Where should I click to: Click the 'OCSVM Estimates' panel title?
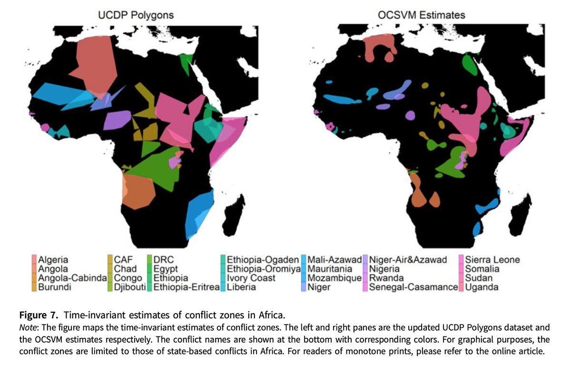click(x=421, y=15)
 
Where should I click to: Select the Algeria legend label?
click(x=53, y=260)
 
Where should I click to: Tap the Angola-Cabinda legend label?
click(x=72, y=278)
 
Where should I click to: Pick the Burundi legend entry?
click(x=53, y=287)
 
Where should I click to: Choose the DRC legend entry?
click(x=164, y=260)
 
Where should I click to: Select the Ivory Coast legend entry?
click(x=251, y=278)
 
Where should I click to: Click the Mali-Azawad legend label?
click(x=335, y=260)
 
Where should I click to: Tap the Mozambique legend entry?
click(x=334, y=278)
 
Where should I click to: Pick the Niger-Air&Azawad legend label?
click(x=408, y=260)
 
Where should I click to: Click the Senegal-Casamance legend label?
click(x=413, y=287)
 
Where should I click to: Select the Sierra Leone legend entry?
click(x=492, y=260)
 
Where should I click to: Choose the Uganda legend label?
click(x=482, y=287)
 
